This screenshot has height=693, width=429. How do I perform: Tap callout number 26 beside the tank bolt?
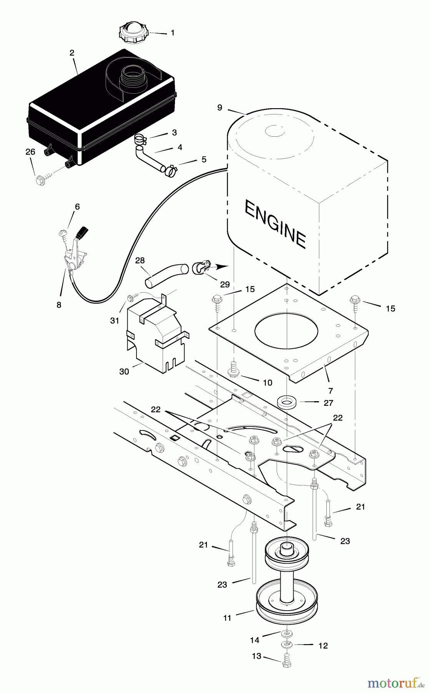[x=30, y=152]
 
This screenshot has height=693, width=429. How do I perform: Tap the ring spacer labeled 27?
[x=287, y=402]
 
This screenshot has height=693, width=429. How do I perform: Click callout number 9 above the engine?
[x=219, y=108]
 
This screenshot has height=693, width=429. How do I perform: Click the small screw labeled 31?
[x=131, y=298]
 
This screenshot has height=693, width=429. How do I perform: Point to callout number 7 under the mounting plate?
[x=330, y=391]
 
